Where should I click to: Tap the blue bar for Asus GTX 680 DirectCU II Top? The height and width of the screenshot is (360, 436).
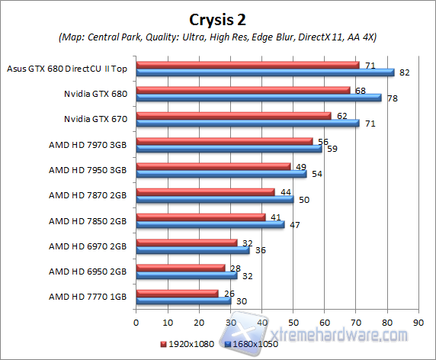pyautogui.click(x=264, y=72)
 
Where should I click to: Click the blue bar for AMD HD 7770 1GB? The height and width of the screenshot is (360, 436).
pyautogui.click(x=183, y=301)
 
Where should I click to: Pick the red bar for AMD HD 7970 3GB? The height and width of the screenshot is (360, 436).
pyautogui.click(x=224, y=141)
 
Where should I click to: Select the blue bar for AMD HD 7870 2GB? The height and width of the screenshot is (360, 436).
pyautogui.click(x=214, y=200)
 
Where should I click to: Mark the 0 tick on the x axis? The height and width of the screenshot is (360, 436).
pyautogui.click(x=136, y=322)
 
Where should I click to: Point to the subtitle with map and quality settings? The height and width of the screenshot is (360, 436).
pyautogui.click(x=217, y=37)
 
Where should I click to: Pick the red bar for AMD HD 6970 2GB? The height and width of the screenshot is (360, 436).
pyautogui.click(x=186, y=243)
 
